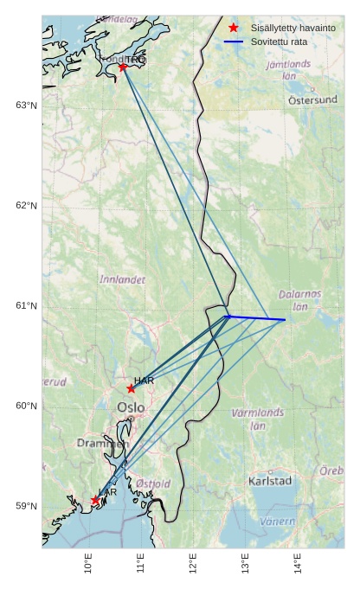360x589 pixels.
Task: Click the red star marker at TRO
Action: pos(123,67)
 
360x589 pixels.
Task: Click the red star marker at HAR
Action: pos(131,388)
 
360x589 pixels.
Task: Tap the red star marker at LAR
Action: pos(95,500)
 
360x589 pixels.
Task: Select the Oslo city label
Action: pos(131,407)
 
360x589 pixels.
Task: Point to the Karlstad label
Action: pos(270,480)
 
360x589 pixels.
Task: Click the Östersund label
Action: pos(312,100)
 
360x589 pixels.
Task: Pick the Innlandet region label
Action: pos(122,280)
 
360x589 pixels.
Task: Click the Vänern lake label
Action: pos(277,522)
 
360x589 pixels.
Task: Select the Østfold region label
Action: pos(153,483)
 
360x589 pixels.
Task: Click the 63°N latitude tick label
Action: pos(26,106)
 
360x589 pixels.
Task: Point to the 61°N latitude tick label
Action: pos(26,306)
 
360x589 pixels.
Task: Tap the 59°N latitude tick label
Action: pos(26,507)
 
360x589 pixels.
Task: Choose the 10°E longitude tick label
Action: pos(89,565)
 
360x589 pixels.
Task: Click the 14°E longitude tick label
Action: pos(298,565)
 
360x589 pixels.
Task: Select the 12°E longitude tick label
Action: pos(193,565)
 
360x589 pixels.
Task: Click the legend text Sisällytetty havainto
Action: pos(288,28)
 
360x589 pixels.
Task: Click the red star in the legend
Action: pos(234,28)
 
